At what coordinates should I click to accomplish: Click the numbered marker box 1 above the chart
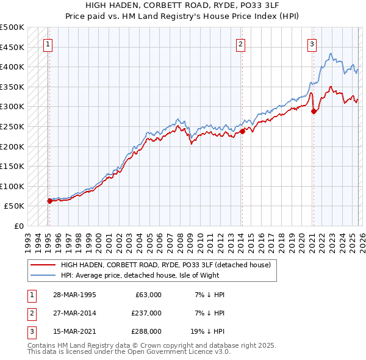(x=48, y=43)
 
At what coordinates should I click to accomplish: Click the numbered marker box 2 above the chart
(x=241, y=43)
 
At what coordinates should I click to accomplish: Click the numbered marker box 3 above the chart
(x=312, y=43)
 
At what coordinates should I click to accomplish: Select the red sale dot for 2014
(x=242, y=131)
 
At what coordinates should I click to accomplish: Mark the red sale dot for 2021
(x=314, y=111)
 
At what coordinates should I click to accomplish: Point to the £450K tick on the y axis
(x=12, y=47)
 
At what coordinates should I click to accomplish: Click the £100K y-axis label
(x=12, y=186)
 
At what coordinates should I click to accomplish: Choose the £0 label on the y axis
(x=18, y=226)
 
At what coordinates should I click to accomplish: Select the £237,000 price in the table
(x=146, y=313)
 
